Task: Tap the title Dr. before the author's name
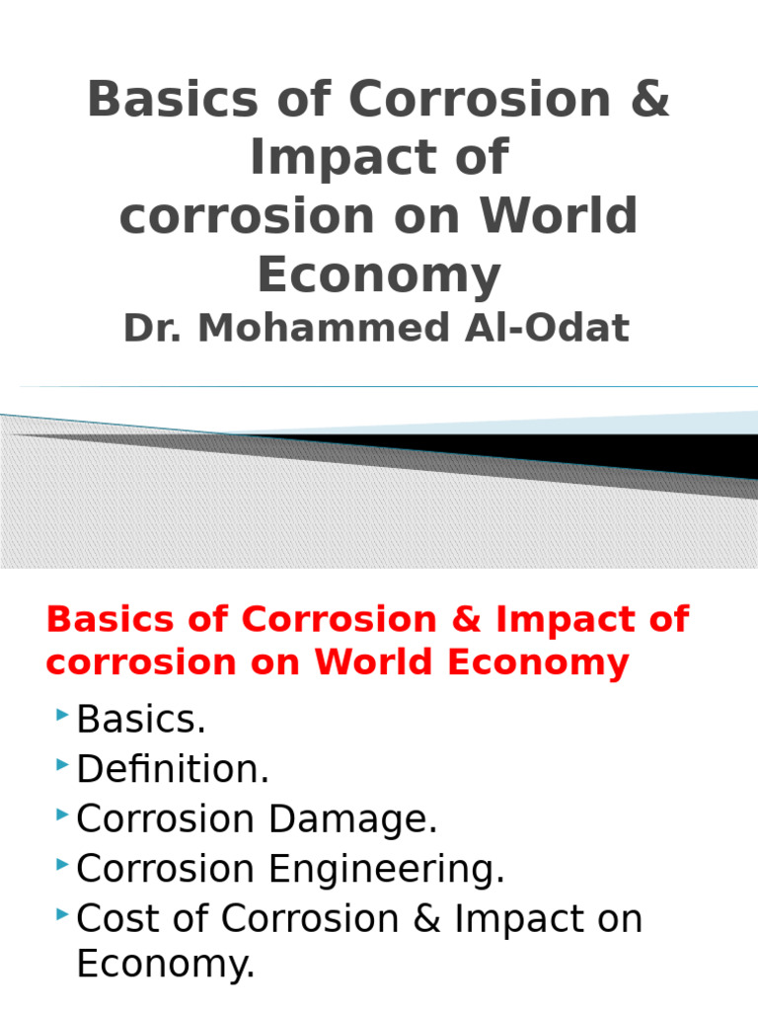154,329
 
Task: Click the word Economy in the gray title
379,275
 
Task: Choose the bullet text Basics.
141,720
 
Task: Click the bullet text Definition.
173,769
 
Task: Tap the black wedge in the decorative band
592,449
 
